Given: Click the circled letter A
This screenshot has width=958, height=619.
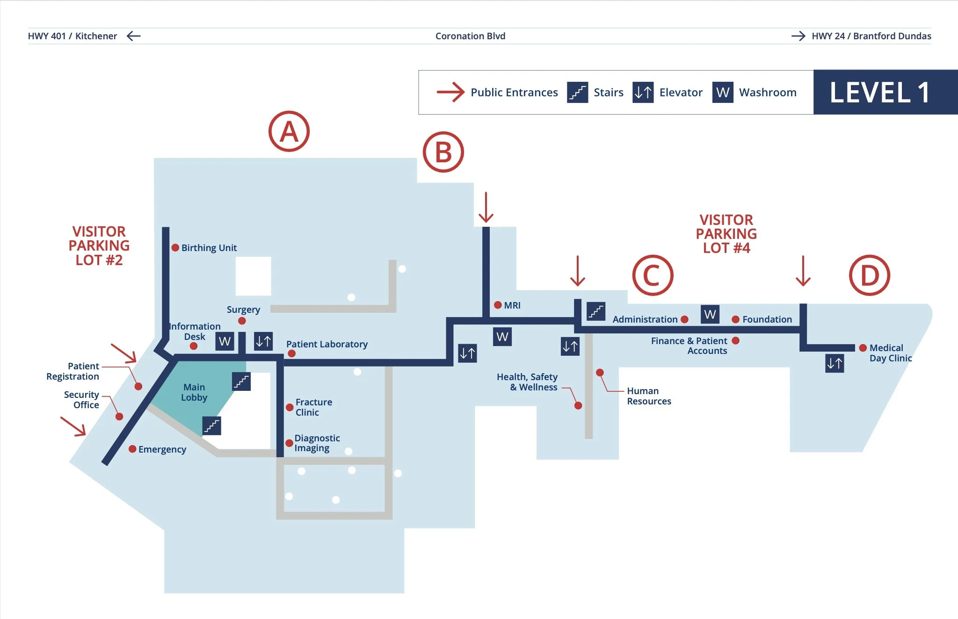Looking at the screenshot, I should (289, 131).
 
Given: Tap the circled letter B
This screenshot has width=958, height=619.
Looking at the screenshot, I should (443, 152).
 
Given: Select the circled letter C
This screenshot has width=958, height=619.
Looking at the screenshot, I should (653, 275).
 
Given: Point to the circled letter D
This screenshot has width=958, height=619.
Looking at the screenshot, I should (869, 275).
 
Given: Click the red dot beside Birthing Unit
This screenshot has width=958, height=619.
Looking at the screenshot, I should (175, 248).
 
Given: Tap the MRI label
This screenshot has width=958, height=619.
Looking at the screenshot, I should (512, 305).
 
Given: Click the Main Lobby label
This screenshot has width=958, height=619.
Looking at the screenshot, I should (194, 392).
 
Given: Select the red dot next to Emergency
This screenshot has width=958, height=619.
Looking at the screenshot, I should (132, 449).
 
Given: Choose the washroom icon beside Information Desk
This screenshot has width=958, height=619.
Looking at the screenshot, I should (225, 341).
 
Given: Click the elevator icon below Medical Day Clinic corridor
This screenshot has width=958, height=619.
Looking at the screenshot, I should (835, 363).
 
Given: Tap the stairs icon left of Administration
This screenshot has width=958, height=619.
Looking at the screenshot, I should (596, 311).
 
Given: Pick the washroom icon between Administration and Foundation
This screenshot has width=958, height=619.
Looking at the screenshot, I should (710, 314).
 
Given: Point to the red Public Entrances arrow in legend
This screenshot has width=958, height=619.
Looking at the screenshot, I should (450, 92).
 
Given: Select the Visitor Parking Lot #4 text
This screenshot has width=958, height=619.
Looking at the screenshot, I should (726, 234).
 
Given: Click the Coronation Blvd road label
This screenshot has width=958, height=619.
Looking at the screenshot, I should (470, 36).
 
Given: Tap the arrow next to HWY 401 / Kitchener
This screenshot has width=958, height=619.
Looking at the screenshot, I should (133, 36).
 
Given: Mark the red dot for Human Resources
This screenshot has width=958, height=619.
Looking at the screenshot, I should (600, 373).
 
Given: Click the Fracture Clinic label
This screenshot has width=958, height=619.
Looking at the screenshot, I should (313, 407).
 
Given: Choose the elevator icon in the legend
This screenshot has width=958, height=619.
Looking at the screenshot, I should (643, 92).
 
